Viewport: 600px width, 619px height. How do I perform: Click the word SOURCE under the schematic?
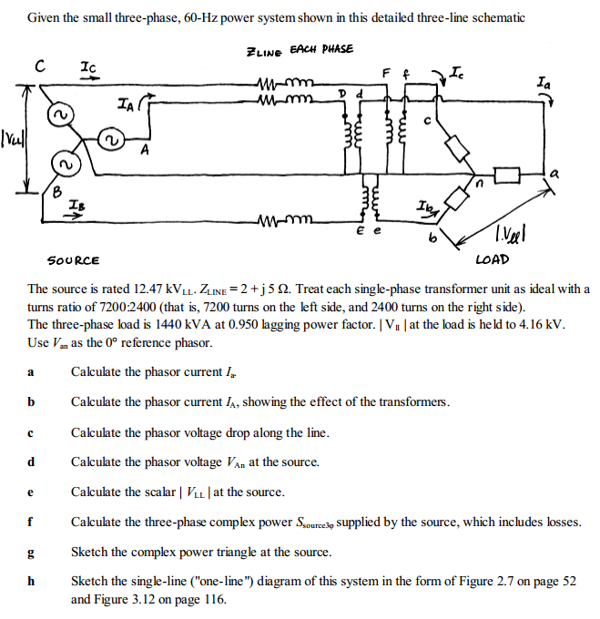(x=74, y=260)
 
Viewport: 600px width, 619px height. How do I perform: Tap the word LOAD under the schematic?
(x=492, y=259)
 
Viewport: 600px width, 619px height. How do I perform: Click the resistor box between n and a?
(x=506, y=172)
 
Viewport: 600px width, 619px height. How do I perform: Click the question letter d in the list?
(x=31, y=462)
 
